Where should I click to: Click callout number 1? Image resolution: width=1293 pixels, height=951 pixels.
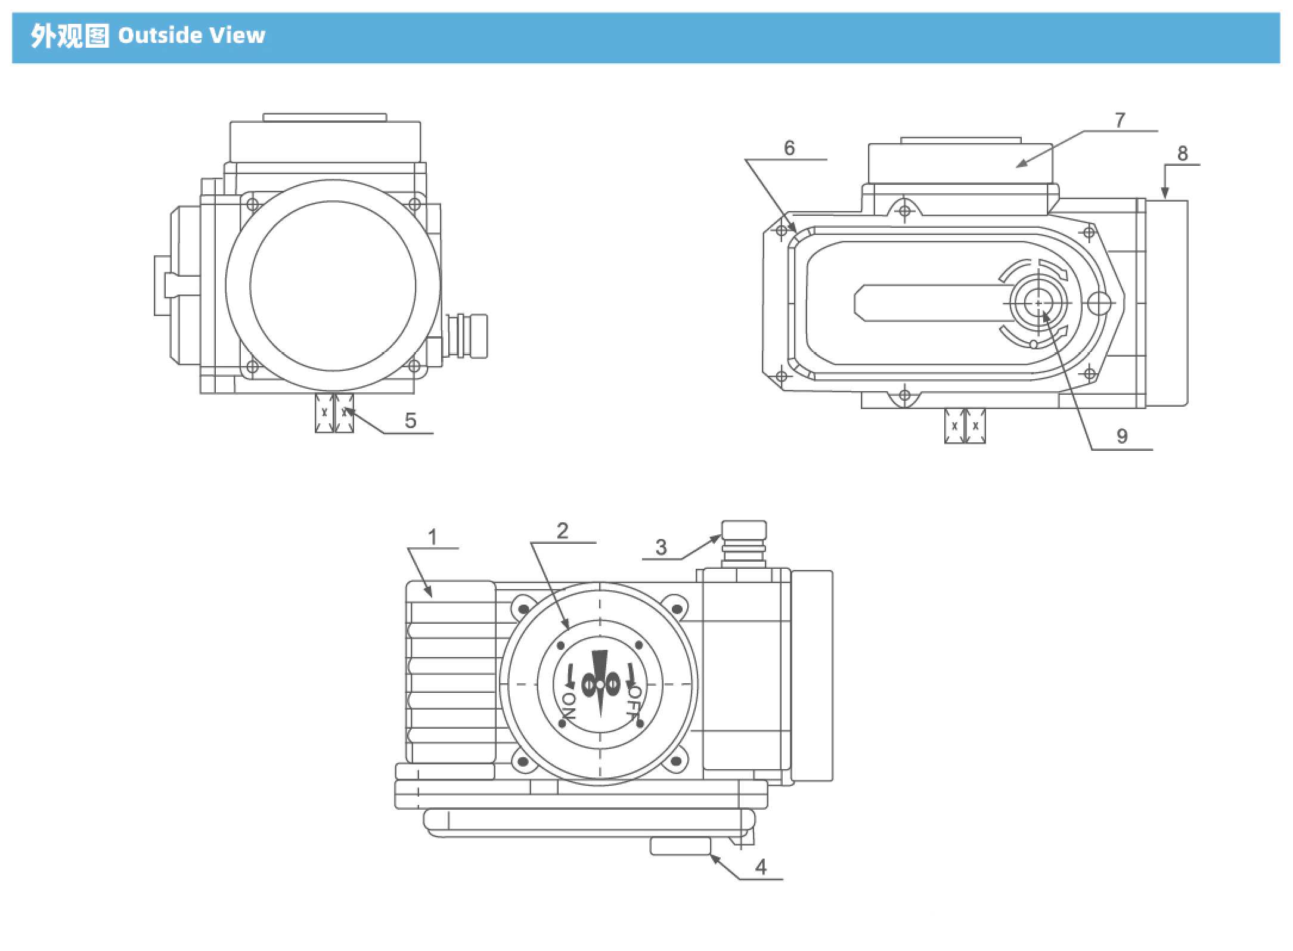(x=433, y=537)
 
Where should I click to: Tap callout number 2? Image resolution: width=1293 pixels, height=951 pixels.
(x=563, y=530)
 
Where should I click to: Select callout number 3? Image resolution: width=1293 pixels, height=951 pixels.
(x=661, y=547)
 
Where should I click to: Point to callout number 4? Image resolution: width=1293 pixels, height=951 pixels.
(x=761, y=867)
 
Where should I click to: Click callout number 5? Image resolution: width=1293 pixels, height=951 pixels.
(x=410, y=420)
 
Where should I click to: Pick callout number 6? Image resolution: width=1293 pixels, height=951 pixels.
(x=789, y=147)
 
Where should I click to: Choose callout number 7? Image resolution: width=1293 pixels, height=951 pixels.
(x=1120, y=120)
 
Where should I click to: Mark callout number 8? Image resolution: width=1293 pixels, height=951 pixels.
(x=1183, y=153)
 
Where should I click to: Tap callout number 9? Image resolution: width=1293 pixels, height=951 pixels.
(x=1122, y=436)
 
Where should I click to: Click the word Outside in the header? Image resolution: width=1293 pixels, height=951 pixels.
(x=160, y=36)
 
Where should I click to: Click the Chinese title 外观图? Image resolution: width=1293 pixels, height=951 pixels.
(x=70, y=36)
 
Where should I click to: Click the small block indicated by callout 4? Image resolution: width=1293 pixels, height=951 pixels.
(x=680, y=845)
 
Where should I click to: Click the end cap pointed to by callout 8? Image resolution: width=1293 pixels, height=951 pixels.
(x=1167, y=304)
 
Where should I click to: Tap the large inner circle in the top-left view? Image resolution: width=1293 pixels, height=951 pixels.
(x=333, y=286)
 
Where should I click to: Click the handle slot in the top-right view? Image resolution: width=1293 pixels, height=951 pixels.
(x=930, y=303)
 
